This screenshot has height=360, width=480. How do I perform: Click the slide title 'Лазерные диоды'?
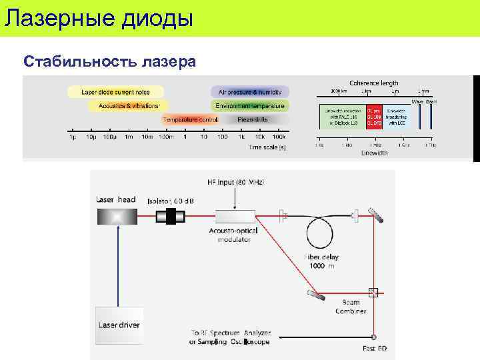click(x=99, y=17)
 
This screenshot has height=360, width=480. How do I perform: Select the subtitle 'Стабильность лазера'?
click(x=109, y=62)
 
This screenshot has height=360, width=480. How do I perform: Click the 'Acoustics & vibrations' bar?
click(x=128, y=105)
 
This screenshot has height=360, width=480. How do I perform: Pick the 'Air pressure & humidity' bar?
click(x=250, y=91)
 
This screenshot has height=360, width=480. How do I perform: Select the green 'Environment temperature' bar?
click(x=250, y=105)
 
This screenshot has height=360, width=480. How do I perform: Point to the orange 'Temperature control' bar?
click(x=190, y=120)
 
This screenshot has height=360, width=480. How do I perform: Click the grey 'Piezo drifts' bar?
click(x=253, y=120)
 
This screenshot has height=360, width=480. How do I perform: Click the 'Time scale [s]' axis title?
click(x=267, y=147)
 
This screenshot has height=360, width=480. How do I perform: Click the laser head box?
click(x=117, y=216)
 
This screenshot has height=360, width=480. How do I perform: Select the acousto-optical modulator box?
click(x=235, y=216)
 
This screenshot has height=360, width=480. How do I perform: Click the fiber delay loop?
click(x=324, y=233)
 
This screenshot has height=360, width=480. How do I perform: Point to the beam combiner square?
click(x=373, y=292)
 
